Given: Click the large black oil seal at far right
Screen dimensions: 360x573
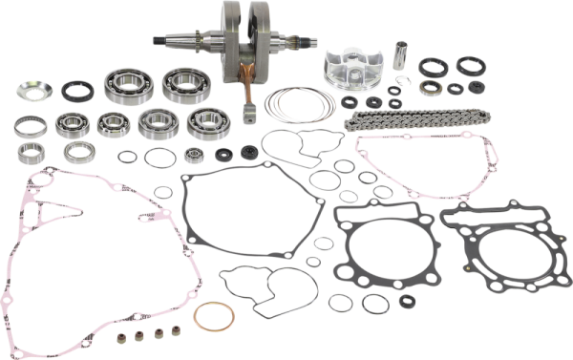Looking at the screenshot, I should pos(468,70).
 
